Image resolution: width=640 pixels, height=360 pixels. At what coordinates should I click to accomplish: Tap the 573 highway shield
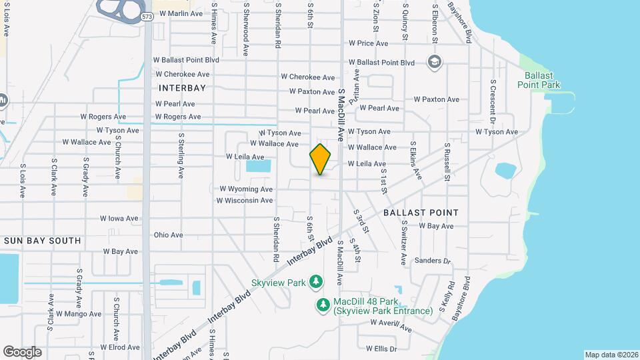point(147,16)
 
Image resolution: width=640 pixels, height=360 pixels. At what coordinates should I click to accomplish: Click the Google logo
point(22,352)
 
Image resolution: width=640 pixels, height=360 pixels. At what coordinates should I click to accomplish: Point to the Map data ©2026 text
point(611,355)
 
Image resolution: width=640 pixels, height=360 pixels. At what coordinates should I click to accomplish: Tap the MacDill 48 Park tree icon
point(323,305)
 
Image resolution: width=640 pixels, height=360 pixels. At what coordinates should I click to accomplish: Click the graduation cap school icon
point(435,62)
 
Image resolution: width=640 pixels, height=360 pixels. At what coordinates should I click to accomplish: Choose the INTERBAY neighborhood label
point(182,87)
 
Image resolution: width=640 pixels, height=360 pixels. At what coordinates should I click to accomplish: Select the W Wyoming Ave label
point(246,189)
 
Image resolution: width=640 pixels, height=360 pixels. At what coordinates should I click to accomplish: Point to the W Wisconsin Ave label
point(245,200)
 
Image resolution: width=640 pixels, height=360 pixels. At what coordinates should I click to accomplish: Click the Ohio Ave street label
point(168,235)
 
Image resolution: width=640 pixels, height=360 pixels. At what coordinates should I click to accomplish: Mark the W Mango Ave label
point(79,313)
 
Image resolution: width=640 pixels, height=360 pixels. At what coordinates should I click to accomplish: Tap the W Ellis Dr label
point(381,348)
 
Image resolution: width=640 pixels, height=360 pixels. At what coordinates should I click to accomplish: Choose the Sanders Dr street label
point(433,261)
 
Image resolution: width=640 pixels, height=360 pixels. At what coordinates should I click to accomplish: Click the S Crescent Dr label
point(493,100)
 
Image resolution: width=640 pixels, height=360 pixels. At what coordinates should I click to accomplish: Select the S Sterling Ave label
point(181,155)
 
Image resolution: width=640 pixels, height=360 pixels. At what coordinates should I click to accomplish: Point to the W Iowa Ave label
point(119,218)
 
